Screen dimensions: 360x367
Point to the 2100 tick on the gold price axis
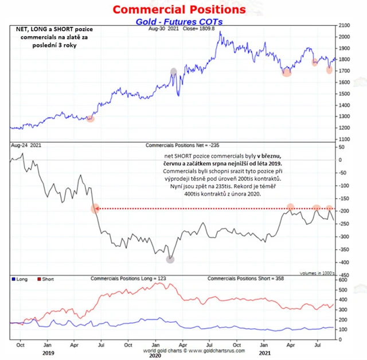point(345,26)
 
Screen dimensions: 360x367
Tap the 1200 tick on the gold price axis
point(345,127)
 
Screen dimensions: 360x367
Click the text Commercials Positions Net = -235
point(181,146)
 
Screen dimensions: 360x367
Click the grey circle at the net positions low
point(170,259)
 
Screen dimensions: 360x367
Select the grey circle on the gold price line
point(174,72)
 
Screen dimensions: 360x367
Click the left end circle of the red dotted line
point(95,208)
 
